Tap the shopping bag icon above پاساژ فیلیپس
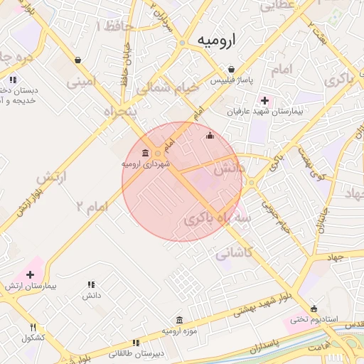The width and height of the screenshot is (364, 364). point(231,68)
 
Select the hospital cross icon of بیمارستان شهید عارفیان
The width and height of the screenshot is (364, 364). point(265,100)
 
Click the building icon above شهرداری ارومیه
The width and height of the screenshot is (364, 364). point(146,153)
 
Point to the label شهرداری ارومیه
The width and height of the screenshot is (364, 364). point(146,164)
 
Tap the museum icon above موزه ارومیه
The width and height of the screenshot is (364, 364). point(178,320)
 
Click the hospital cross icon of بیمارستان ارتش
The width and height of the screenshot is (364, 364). point(30,274)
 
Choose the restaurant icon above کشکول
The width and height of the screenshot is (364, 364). point(33,327)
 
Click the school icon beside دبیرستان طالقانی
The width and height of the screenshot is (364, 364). point(135,343)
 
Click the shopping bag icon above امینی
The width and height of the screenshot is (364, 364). point(77,60)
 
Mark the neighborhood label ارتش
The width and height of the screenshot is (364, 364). point(46,175)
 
